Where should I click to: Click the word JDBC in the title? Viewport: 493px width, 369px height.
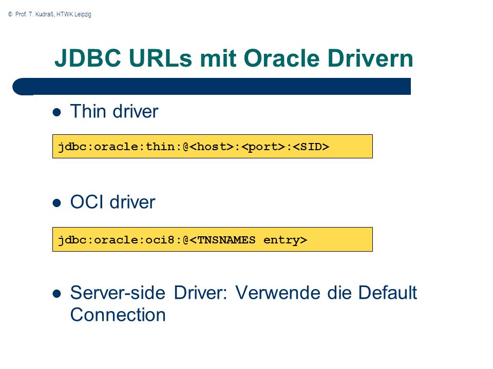[x=88, y=58]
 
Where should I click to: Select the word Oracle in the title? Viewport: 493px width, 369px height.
[x=281, y=58]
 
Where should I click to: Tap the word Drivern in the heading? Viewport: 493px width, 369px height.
[x=370, y=58]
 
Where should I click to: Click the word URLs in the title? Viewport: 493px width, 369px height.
[x=160, y=58]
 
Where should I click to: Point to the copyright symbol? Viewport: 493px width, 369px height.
[x=10, y=14]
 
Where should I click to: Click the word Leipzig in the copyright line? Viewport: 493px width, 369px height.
[x=83, y=14]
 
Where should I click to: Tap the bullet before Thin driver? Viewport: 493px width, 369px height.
[x=56, y=112]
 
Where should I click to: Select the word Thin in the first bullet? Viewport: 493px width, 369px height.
[x=88, y=111]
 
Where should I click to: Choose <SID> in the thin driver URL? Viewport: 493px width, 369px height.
[x=311, y=147]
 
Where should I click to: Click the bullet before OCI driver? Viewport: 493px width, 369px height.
[x=56, y=203]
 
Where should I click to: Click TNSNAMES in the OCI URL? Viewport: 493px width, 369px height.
[x=226, y=240]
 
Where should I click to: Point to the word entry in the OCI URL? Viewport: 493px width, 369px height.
[x=281, y=240]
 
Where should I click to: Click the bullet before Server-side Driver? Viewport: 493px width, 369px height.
[x=56, y=294]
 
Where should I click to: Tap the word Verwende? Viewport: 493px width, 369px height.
[x=278, y=293]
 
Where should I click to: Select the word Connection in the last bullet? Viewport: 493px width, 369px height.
[x=118, y=315]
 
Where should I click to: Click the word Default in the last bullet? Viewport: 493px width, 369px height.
[x=387, y=293]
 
